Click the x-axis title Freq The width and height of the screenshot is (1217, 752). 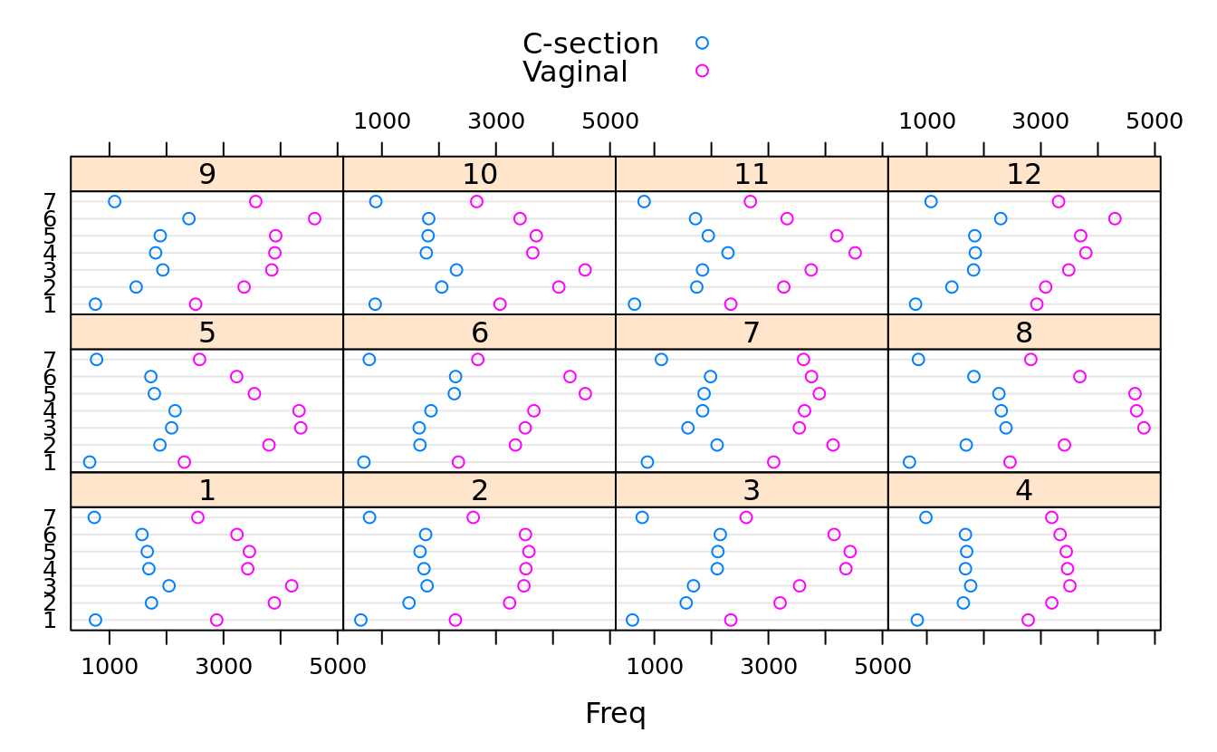click(615, 714)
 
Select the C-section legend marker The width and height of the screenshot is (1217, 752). click(702, 43)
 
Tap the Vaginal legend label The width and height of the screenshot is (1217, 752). click(575, 72)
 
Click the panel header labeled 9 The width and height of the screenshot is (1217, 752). click(206, 174)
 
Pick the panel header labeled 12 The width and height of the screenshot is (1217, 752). click(1024, 174)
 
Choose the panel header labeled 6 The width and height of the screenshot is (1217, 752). click(479, 333)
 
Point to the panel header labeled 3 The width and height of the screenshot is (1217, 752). click(751, 490)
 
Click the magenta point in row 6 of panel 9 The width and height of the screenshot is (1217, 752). click(314, 218)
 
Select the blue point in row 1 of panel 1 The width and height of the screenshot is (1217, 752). click(95, 620)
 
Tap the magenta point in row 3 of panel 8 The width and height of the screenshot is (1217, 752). click(1144, 428)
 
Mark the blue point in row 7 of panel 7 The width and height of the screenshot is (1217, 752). click(661, 360)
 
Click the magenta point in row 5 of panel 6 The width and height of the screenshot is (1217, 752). click(585, 393)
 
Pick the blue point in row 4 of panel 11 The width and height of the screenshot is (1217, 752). click(728, 253)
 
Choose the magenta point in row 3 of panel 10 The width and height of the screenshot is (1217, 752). click(585, 270)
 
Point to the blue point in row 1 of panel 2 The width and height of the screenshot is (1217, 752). click(360, 620)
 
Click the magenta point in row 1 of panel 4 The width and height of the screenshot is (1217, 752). click(1028, 620)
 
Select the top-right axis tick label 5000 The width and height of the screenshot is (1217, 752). click(1155, 121)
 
